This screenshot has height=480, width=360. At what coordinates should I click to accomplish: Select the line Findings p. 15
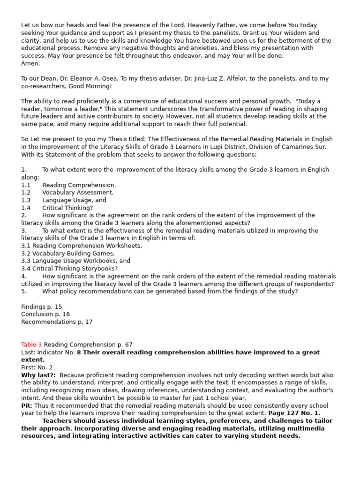click(42, 307)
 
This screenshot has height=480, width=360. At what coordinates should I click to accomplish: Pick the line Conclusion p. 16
click(45, 314)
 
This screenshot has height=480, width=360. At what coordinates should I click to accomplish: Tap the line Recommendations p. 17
click(57, 322)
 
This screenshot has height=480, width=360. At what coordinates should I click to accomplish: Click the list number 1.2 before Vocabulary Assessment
click(26, 192)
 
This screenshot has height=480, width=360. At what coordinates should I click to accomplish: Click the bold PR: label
click(27, 405)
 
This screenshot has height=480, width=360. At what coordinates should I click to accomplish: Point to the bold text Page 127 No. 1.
click(295, 413)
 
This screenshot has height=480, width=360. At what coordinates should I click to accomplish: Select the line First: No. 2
click(37, 367)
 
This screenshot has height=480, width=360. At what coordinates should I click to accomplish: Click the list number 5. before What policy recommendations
click(24, 291)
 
